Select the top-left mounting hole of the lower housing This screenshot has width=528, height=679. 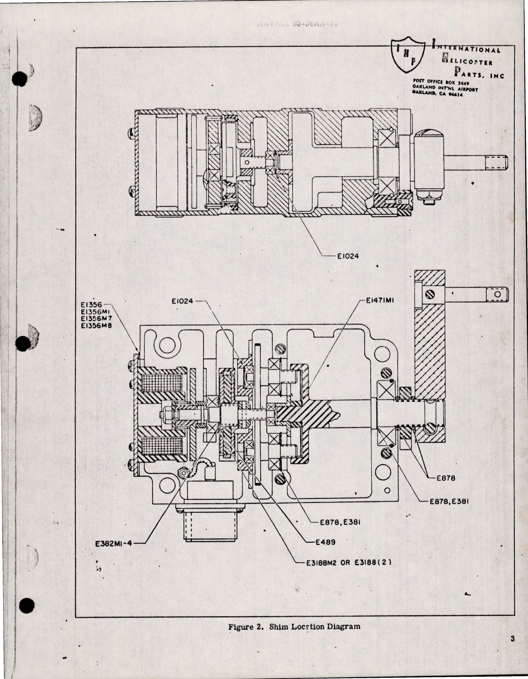pos(168,344)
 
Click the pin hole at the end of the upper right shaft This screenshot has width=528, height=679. pos(498,294)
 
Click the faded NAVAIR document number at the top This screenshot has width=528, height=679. pos(297,24)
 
